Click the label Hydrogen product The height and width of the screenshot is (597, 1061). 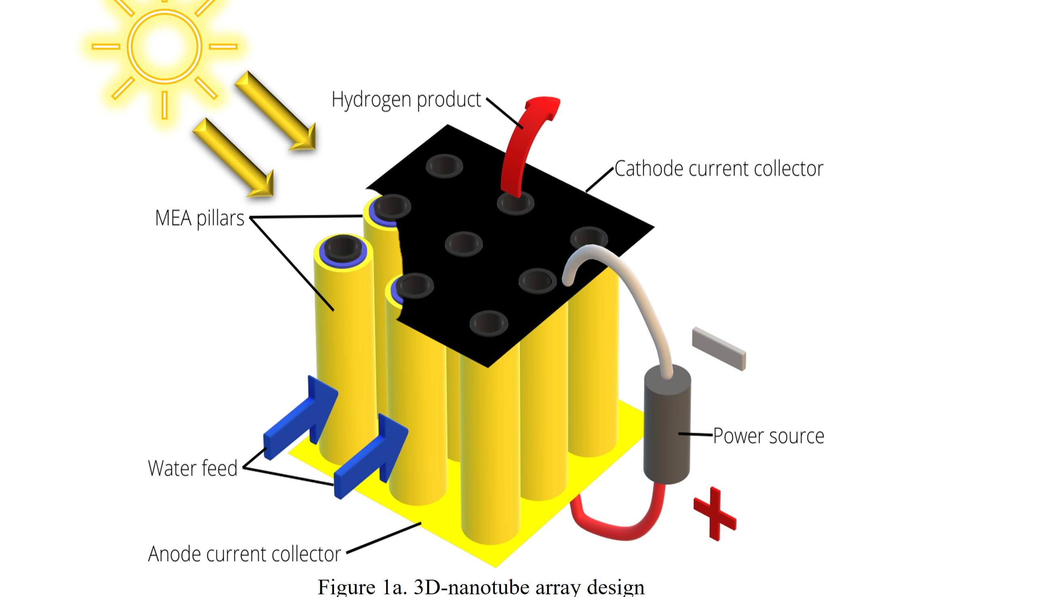(406, 100)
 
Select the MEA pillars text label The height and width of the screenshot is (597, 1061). (199, 218)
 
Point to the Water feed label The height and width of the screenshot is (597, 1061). (192, 468)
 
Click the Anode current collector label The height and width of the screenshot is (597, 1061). (244, 554)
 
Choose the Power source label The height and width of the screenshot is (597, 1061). (768, 436)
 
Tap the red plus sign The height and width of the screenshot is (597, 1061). (714, 514)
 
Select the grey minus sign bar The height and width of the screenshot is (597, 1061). (719, 348)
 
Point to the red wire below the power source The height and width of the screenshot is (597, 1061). (618, 527)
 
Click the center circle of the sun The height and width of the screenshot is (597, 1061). (164, 46)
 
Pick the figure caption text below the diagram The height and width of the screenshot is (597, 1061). (481, 587)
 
